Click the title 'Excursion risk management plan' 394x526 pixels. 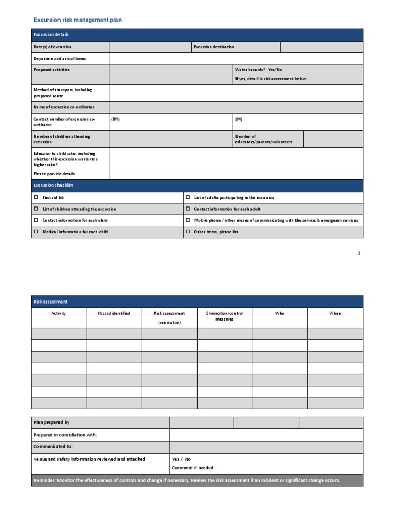pyautogui.click(x=77, y=20)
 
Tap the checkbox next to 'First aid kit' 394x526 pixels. pyautogui.click(x=36, y=197)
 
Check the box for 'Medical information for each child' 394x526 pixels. pyautogui.click(x=36, y=232)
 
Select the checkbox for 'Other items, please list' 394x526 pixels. pyautogui.click(x=187, y=232)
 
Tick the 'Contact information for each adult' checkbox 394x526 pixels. pyautogui.click(x=187, y=209)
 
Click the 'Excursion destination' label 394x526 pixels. pyautogui.click(x=214, y=47)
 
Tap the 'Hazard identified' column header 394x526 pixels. pyautogui.click(x=114, y=313)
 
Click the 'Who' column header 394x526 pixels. pyautogui.click(x=280, y=313)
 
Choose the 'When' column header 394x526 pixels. pyautogui.click(x=334, y=313)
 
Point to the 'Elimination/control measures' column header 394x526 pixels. pyautogui.click(x=224, y=316)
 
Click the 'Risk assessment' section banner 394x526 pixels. pyautogui.click(x=50, y=302)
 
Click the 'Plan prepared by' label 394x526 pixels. pyautogui.click(x=51, y=422)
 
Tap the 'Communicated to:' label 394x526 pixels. pyautogui.click(x=53, y=447)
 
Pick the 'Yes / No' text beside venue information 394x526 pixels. pyautogui.click(x=181, y=459)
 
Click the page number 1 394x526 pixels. pyautogui.click(x=359, y=253)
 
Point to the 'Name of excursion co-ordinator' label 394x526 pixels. pyautogui.click(x=64, y=107)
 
